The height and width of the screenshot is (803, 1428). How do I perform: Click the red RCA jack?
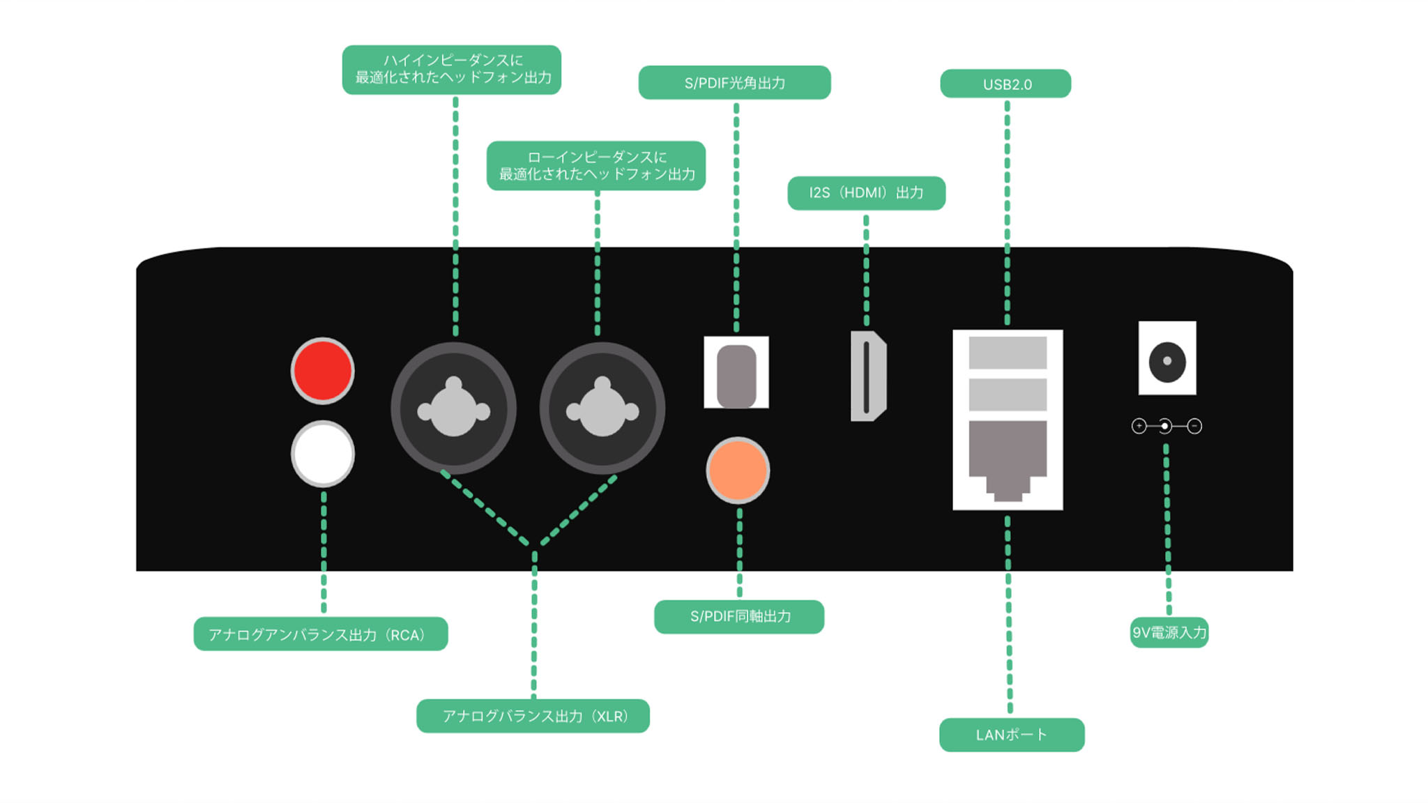click(322, 371)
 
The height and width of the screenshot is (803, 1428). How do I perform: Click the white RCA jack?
click(322, 454)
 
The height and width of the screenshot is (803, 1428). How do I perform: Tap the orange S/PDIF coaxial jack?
click(738, 471)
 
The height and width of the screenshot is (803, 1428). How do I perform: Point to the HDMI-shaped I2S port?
click(867, 376)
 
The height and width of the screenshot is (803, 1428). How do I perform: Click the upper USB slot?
click(1008, 353)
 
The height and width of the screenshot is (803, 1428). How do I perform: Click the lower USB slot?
click(1008, 395)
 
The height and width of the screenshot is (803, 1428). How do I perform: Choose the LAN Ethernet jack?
click(1008, 457)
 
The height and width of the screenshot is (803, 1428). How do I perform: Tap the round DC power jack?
click(1167, 361)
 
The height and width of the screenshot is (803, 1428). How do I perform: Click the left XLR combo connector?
click(453, 409)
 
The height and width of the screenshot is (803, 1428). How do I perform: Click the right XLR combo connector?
click(602, 409)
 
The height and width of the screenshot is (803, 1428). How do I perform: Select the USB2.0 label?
click(1006, 84)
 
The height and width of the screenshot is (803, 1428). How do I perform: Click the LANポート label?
click(1012, 735)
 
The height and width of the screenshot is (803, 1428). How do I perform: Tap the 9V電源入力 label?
click(1169, 633)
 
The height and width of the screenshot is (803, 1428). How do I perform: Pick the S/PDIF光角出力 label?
click(734, 83)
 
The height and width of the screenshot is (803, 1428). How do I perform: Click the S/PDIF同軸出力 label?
click(739, 616)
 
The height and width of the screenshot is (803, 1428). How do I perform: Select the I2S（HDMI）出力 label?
click(866, 193)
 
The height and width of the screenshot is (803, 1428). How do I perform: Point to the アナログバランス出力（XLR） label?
click(533, 716)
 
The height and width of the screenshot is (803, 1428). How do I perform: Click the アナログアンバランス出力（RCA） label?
click(321, 634)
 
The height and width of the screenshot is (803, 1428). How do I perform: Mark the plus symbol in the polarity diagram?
click(1139, 426)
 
